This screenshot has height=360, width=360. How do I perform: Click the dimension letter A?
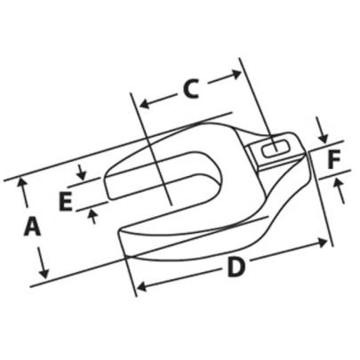pos(32,226)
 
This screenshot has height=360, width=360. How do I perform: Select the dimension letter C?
pos(190,89)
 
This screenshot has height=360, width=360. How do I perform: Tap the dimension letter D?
pos(236,267)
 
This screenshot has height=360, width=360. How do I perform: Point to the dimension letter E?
pos(66,201)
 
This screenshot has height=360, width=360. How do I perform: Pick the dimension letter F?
pos(334,159)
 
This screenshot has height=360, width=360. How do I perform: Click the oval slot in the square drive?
pos(276,148)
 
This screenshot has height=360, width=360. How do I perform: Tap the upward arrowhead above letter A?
pos(20,181)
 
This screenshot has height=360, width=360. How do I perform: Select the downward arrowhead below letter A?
pos(44,274)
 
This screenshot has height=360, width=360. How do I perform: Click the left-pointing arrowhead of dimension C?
pos(145,104)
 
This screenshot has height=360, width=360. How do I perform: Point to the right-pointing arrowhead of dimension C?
pos(236,74)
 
